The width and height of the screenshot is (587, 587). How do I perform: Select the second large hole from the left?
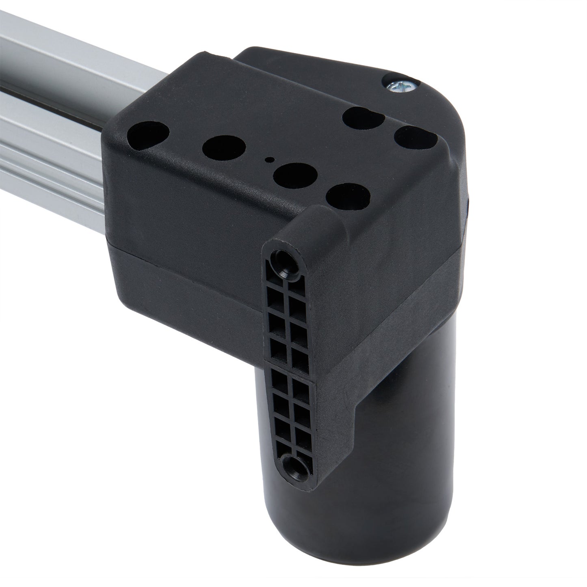pyautogui.click(x=222, y=146)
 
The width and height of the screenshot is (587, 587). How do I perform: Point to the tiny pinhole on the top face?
pyautogui.click(x=267, y=160)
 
